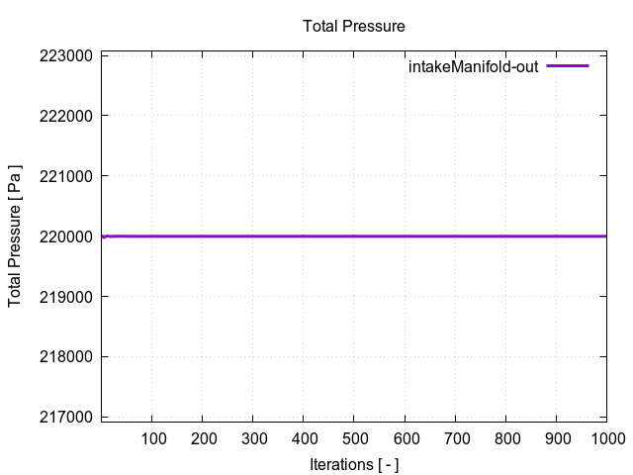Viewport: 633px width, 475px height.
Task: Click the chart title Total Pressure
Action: click(x=353, y=26)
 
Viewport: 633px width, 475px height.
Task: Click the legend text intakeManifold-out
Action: click(x=473, y=67)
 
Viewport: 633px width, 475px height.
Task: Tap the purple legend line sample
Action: click(x=567, y=66)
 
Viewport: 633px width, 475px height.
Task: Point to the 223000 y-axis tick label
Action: click(x=65, y=56)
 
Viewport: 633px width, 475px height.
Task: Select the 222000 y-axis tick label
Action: click(x=65, y=117)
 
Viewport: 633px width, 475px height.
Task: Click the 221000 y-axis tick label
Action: click(x=65, y=177)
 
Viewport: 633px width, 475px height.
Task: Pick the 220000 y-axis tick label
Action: click(x=65, y=237)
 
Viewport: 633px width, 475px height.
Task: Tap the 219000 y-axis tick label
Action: click(x=65, y=297)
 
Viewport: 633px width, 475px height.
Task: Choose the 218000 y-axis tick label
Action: click(x=65, y=357)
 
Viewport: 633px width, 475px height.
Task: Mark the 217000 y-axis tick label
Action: click(x=65, y=418)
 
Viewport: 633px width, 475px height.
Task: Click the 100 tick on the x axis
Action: click(x=152, y=438)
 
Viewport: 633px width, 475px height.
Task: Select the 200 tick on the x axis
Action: click(x=203, y=438)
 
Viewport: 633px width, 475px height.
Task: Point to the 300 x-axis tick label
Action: click(x=253, y=438)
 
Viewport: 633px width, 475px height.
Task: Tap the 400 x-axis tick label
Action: click(x=304, y=438)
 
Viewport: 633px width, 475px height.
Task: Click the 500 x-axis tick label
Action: click(x=354, y=438)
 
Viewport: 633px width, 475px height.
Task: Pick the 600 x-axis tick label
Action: click(x=405, y=438)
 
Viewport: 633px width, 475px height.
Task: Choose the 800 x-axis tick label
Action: click(x=505, y=438)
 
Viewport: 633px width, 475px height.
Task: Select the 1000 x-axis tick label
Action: click(x=604, y=438)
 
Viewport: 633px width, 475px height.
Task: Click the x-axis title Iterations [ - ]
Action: click(x=353, y=464)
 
